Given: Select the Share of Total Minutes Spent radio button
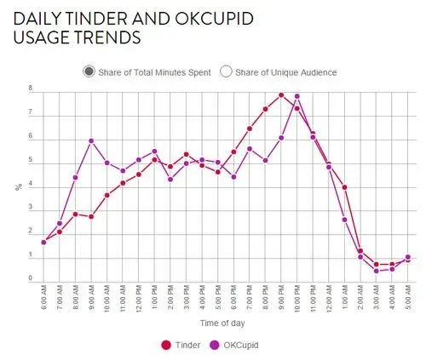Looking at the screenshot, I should (x=89, y=71).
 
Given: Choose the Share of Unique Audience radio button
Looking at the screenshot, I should (x=227, y=71).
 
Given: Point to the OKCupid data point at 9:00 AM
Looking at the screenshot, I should (x=91, y=140).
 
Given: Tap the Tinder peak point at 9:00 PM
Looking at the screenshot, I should (x=281, y=94).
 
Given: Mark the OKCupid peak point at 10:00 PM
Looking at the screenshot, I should (x=297, y=96).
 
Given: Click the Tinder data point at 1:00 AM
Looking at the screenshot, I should (x=344, y=187).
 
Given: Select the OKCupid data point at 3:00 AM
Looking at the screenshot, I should (x=377, y=271).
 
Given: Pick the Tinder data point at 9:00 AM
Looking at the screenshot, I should (x=91, y=216).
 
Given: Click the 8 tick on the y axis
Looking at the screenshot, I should (x=30, y=89).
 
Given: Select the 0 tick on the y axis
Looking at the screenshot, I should (x=30, y=278).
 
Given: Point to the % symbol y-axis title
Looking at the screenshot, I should (x=17, y=186).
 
